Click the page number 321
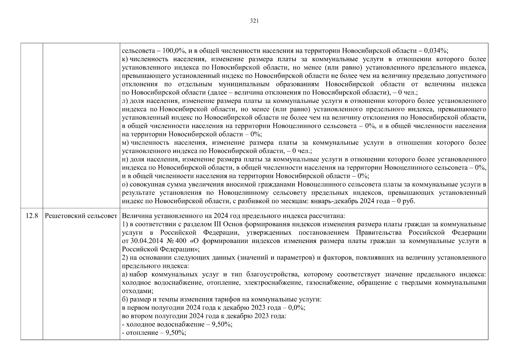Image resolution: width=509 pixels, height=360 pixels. (254, 21)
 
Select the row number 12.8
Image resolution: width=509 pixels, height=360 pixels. (32, 216)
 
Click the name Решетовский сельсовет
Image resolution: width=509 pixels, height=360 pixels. (81, 216)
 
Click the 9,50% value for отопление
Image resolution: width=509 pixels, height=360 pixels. (176, 333)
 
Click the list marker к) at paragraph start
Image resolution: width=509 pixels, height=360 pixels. (125, 59)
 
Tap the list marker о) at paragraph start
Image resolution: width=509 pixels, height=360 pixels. (125, 184)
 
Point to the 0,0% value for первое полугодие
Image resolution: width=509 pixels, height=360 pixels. (296, 308)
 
